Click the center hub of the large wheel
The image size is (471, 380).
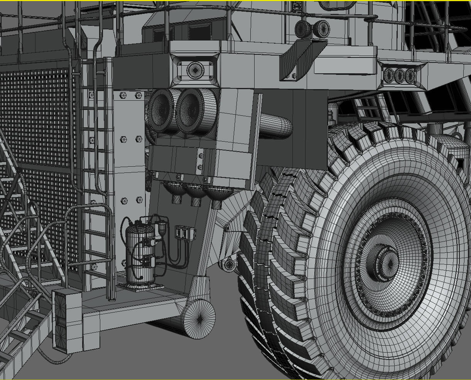pos(383,262)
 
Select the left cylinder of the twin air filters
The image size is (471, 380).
pos(161,110)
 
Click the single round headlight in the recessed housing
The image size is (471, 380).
pos(195,70)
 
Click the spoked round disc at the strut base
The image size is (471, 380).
pos(199,319)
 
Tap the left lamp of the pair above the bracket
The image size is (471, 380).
pos(303,29)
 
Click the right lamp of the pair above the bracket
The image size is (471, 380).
pos(321,29)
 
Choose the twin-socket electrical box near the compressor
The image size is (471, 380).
pos(185,233)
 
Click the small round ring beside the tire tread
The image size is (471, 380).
pos(230,265)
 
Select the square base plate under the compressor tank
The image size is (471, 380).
pos(140,286)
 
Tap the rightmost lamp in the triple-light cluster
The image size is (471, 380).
pos(410,76)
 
